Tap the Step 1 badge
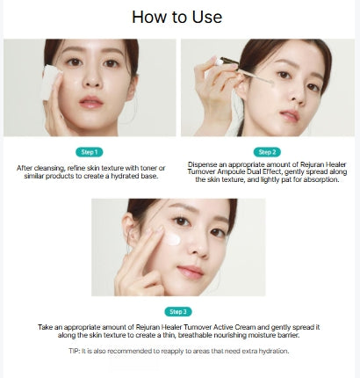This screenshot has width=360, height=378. click(90, 151)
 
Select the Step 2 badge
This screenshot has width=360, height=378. click(266, 151)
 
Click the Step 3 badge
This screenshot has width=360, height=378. click(177, 311)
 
